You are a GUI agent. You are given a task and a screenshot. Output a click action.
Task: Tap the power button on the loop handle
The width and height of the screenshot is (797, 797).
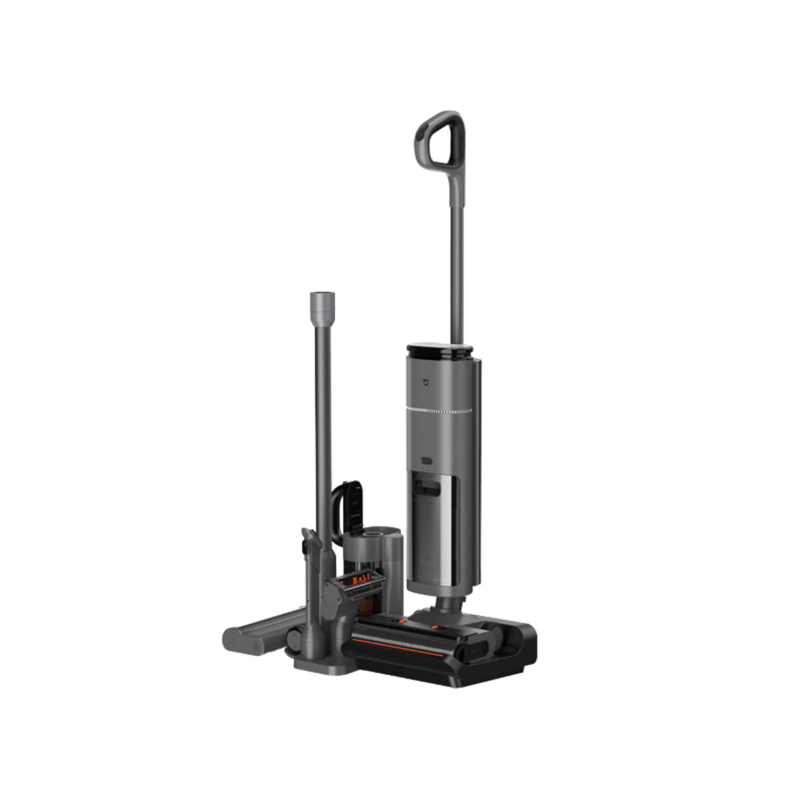coord(420,137)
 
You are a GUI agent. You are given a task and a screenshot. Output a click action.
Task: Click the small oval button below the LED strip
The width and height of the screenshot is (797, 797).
coord(426,461)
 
